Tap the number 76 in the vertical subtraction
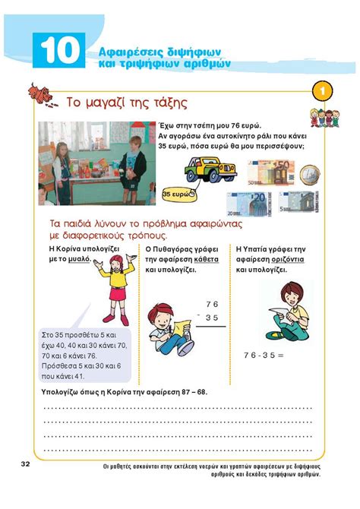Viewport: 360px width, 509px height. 211,304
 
